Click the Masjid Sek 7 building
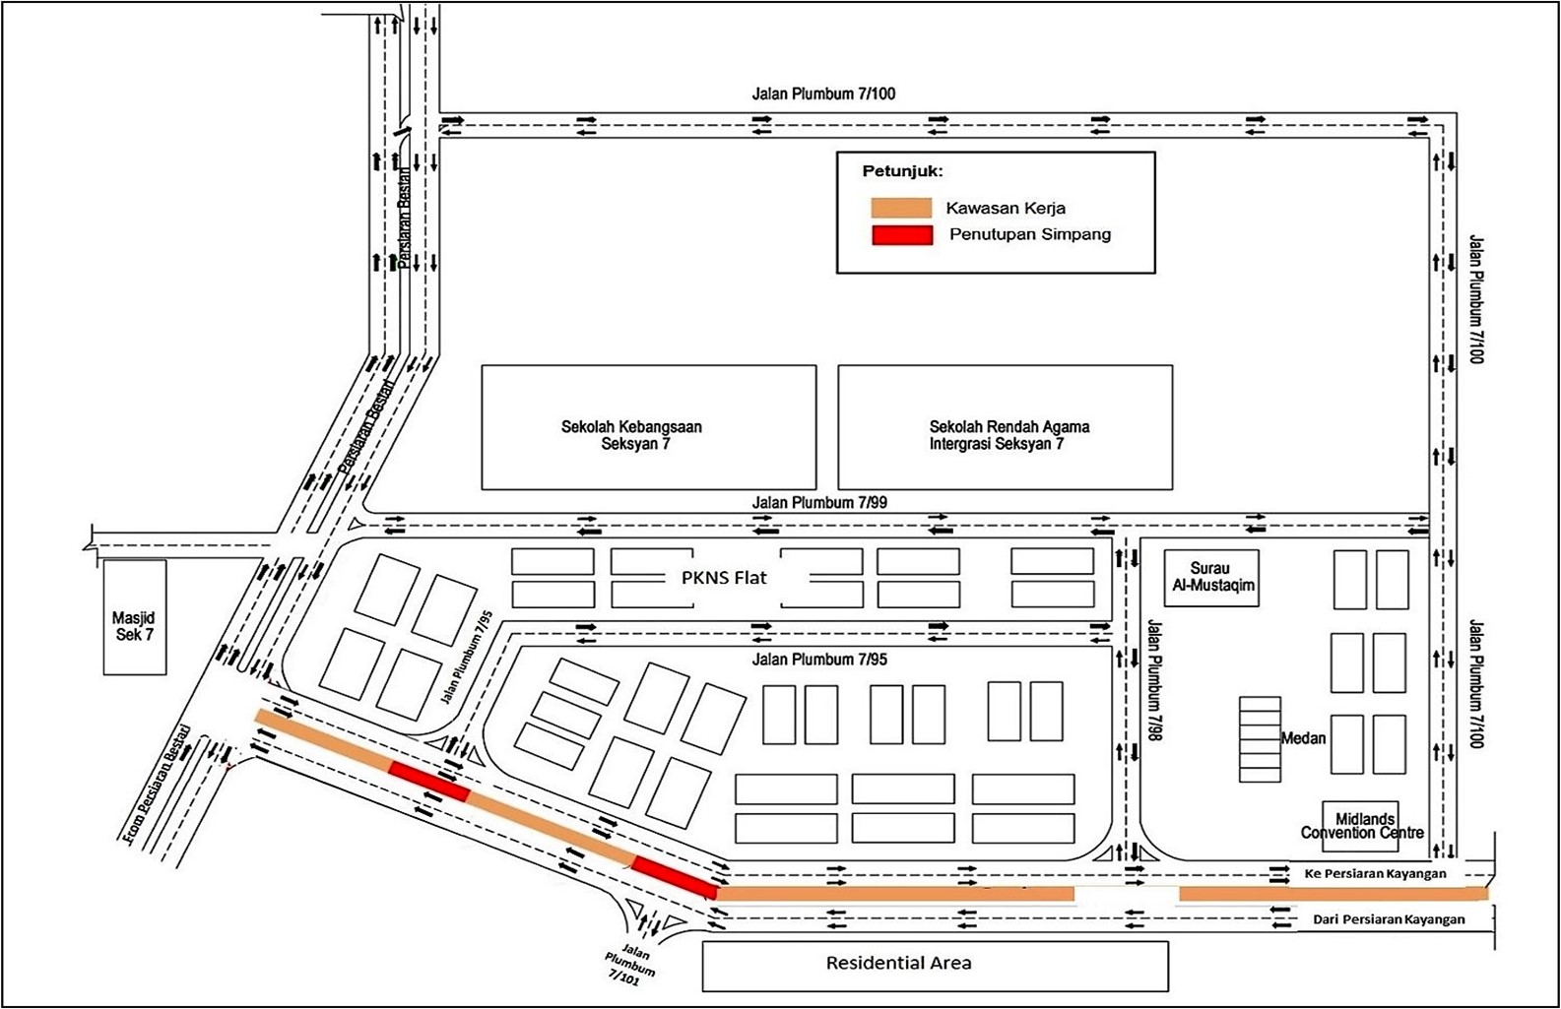135,617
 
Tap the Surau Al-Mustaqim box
1211,578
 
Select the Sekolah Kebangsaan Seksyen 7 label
632,435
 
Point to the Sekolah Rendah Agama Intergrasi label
1009,435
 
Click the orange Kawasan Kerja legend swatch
902,209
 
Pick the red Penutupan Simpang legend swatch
902,235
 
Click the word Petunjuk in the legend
902,171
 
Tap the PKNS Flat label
724,577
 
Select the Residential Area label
898,963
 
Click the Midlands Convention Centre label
1362,826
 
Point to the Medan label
1304,738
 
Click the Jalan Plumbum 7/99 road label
819,503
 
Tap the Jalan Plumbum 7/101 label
630,965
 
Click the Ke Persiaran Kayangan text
1376,873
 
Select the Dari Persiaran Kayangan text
1389,919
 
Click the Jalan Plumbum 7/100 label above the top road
823,94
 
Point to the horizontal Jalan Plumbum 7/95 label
819,659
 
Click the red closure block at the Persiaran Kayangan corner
675,877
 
